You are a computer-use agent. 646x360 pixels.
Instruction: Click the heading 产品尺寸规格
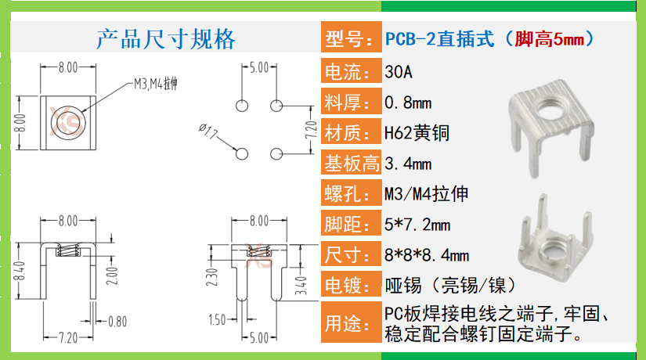[165, 38]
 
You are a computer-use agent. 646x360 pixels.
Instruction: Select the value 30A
[399, 73]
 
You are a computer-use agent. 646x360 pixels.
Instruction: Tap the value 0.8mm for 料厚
[408, 103]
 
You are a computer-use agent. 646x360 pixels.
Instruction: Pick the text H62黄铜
[417, 133]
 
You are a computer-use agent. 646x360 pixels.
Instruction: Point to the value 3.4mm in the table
[408, 164]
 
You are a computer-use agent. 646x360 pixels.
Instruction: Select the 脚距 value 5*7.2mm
[417, 225]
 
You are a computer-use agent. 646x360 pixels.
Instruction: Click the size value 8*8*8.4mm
[427, 255]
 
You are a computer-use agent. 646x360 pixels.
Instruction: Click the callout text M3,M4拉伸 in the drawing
[156, 84]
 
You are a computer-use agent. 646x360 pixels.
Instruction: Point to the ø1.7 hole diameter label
[209, 131]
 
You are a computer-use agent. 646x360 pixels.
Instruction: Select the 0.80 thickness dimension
[117, 321]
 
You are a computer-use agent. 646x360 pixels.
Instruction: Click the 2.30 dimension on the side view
[212, 276]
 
